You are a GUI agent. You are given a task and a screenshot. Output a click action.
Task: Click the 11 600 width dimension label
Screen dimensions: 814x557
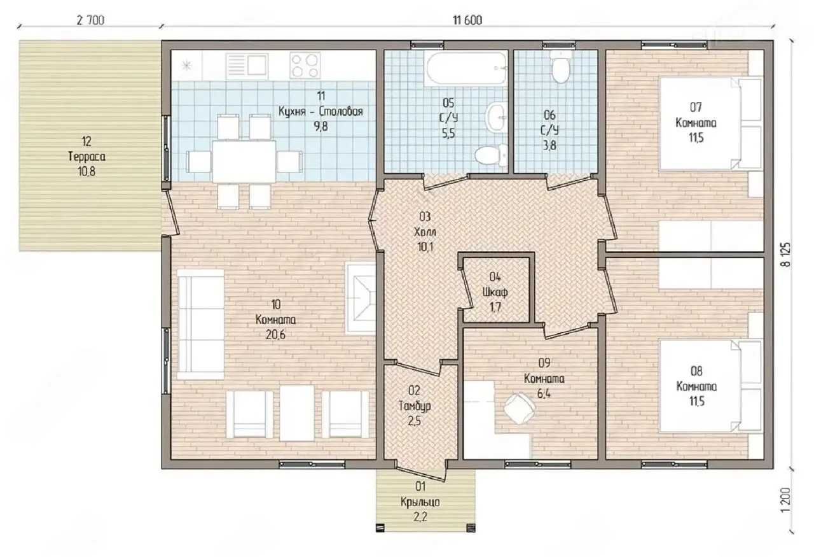(x=467, y=20)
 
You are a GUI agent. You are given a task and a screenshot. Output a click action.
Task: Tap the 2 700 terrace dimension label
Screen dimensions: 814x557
(x=90, y=20)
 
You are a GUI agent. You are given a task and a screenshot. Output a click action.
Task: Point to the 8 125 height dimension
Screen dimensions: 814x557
(x=785, y=255)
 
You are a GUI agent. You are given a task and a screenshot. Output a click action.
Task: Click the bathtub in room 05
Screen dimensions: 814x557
(x=467, y=69)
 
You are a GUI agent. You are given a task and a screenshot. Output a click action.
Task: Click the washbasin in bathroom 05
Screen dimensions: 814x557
(x=497, y=117)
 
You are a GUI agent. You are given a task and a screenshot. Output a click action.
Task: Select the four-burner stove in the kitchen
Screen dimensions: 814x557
(x=305, y=66)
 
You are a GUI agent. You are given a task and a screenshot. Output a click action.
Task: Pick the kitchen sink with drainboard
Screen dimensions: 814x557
(x=247, y=66)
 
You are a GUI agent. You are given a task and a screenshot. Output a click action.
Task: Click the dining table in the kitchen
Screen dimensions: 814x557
(x=244, y=161)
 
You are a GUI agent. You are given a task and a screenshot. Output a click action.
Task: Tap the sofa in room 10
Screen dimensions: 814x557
(x=200, y=325)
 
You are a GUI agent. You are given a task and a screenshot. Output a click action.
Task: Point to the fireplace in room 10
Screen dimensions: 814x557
(x=361, y=299)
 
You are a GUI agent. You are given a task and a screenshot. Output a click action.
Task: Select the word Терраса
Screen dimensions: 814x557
(x=87, y=157)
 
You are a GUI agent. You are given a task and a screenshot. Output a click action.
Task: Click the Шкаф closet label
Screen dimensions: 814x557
(x=495, y=292)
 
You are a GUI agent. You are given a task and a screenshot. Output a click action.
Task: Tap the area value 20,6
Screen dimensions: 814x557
(x=275, y=335)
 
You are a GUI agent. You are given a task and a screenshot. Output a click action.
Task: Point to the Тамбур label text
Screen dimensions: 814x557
(x=415, y=405)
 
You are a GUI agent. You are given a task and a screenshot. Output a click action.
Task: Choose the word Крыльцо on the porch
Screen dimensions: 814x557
(x=420, y=502)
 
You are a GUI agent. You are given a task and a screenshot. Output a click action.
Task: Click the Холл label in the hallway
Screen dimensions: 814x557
(x=425, y=232)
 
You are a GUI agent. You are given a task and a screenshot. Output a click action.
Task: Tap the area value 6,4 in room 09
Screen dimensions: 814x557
(x=544, y=394)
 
